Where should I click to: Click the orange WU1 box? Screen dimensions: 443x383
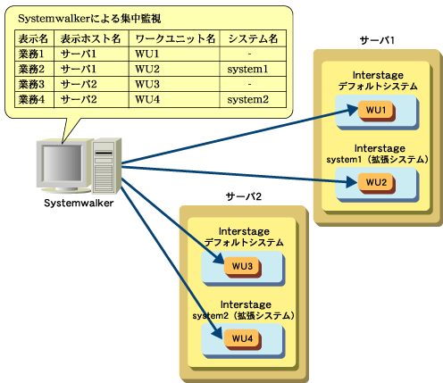tap(376, 111)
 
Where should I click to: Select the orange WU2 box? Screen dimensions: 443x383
tap(376, 183)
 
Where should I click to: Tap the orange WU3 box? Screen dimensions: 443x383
tap(242, 267)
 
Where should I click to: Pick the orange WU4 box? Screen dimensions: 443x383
tap(242, 339)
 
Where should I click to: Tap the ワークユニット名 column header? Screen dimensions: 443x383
tap(175, 38)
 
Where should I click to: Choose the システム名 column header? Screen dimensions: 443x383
tap(253, 38)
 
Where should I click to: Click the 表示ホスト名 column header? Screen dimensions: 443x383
tap(90, 38)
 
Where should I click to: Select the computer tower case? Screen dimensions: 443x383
tap(106, 165)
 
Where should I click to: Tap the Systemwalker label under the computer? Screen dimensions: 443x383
tap(79, 204)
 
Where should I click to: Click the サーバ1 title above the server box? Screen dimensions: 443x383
tap(377, 40)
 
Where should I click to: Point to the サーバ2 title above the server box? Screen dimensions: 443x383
tap(244, 196)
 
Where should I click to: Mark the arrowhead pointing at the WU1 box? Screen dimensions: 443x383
tap(353, 110)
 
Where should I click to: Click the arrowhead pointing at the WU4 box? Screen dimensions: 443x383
tap(217, 332)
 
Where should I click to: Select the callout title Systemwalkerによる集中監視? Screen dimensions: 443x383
tap(89, 19)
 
